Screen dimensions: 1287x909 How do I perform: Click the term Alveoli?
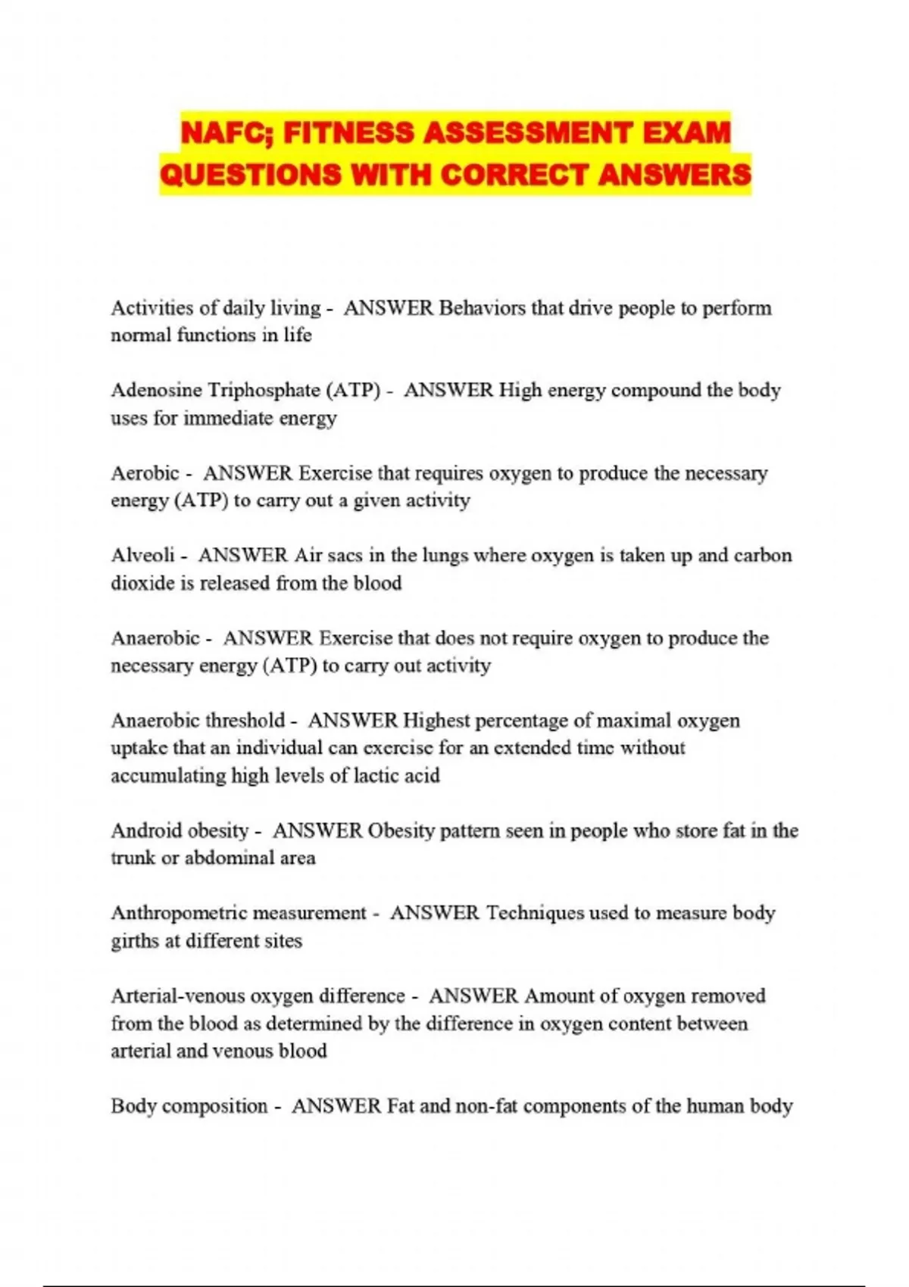point(143,556)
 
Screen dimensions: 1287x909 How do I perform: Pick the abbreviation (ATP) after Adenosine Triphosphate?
point(353,391)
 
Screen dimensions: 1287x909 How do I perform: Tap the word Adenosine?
point(156,391)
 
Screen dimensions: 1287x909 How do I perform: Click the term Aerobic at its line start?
point(145,473)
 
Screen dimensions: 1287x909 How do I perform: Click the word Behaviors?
point(482,308)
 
